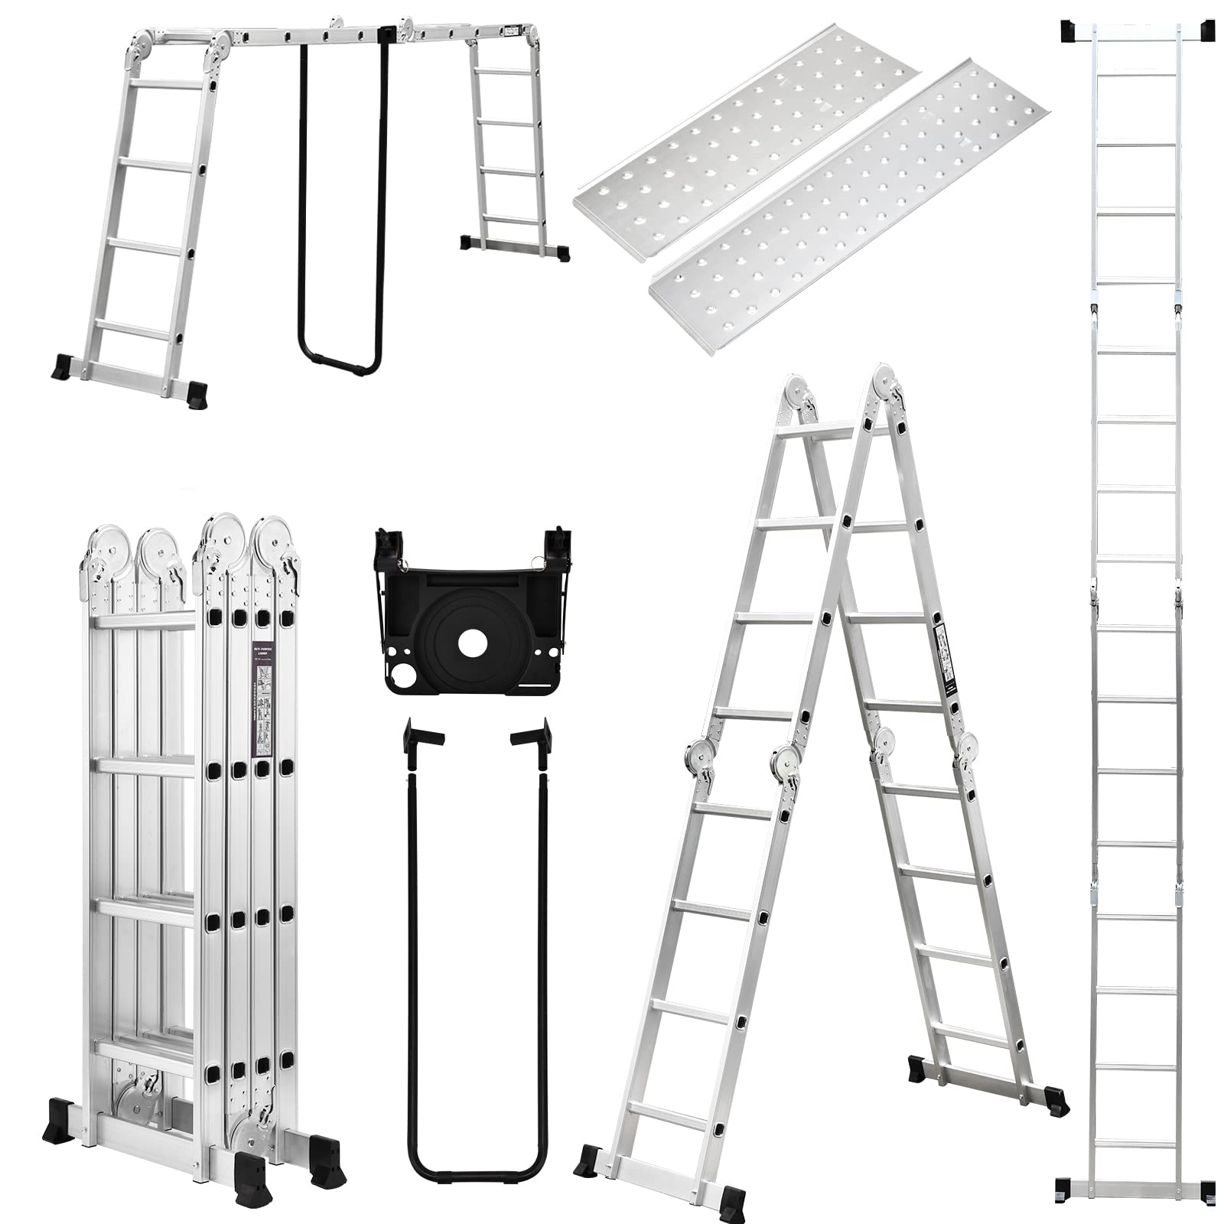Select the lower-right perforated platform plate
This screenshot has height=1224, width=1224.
pos(849,229)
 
